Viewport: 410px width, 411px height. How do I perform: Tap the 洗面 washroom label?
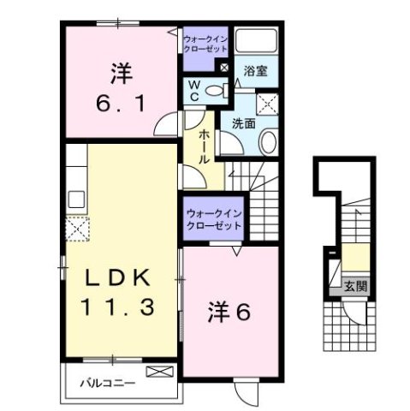click(x=244, y=123)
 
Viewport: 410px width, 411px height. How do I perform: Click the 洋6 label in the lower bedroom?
click(x=229, y=314)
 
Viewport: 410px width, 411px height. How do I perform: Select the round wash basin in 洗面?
click(x=266, y=144)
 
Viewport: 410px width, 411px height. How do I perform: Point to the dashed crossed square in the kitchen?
click(x=79, y=229)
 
